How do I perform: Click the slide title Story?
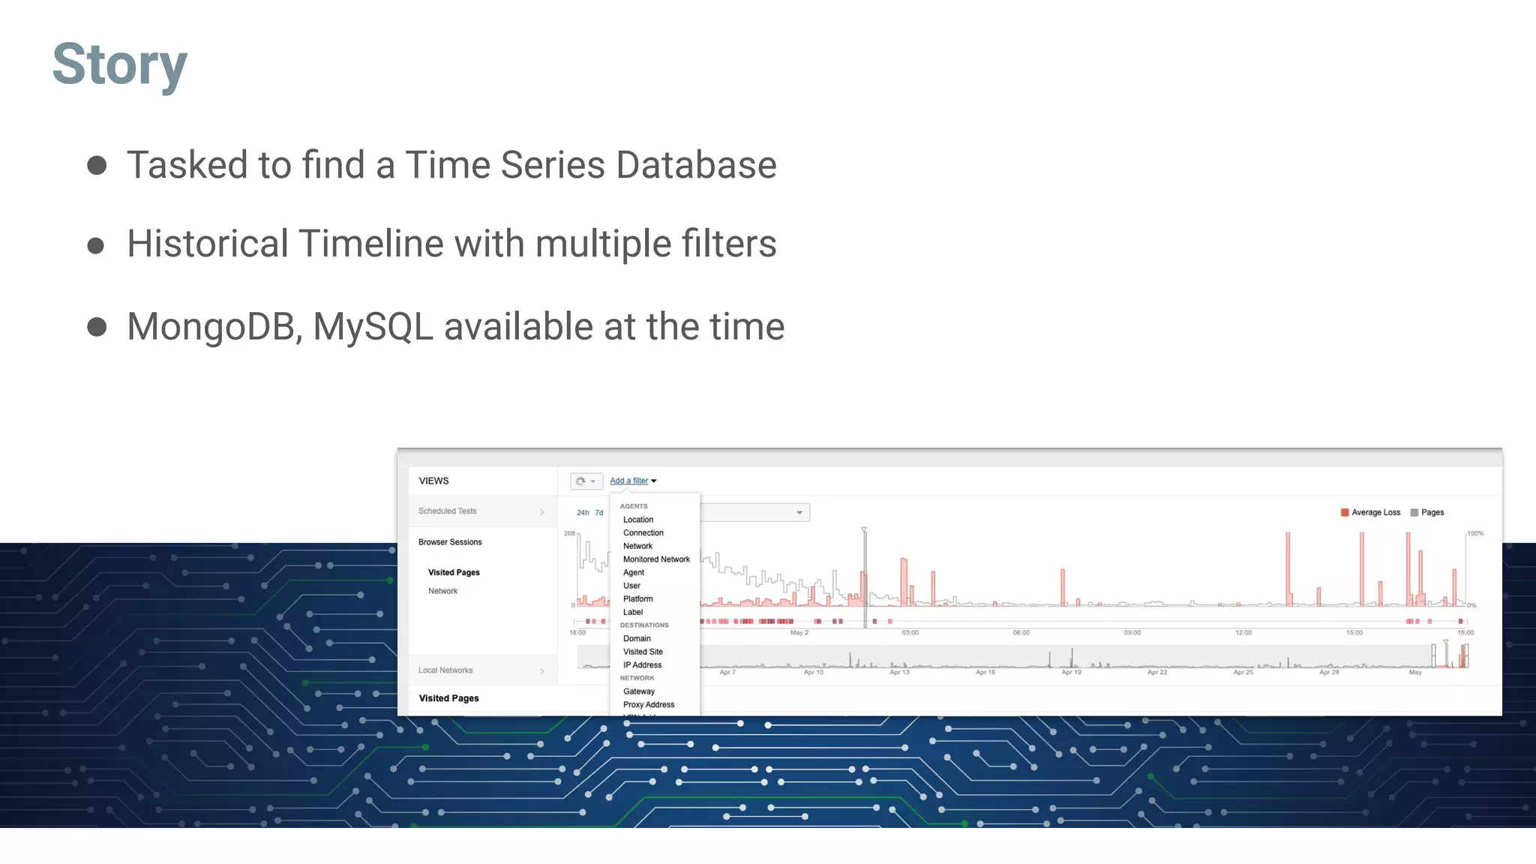point(119,64)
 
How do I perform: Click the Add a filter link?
point(629,481)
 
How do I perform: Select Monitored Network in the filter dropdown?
point(656,559)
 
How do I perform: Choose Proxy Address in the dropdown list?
point(649,705)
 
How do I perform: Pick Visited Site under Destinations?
point(643,652)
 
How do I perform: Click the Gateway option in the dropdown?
point(639,691)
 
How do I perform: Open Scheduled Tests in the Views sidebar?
point(448,511)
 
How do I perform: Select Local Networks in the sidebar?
point(445,670)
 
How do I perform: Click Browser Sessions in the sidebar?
point(450,542)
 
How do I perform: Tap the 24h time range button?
point(583,513)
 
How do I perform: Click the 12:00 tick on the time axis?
point(1243,633)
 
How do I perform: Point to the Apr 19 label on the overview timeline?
point(1071,673)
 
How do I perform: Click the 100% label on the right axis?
point(1475,534)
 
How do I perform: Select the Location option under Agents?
point(638,520)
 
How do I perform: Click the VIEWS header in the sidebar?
point(433,481)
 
